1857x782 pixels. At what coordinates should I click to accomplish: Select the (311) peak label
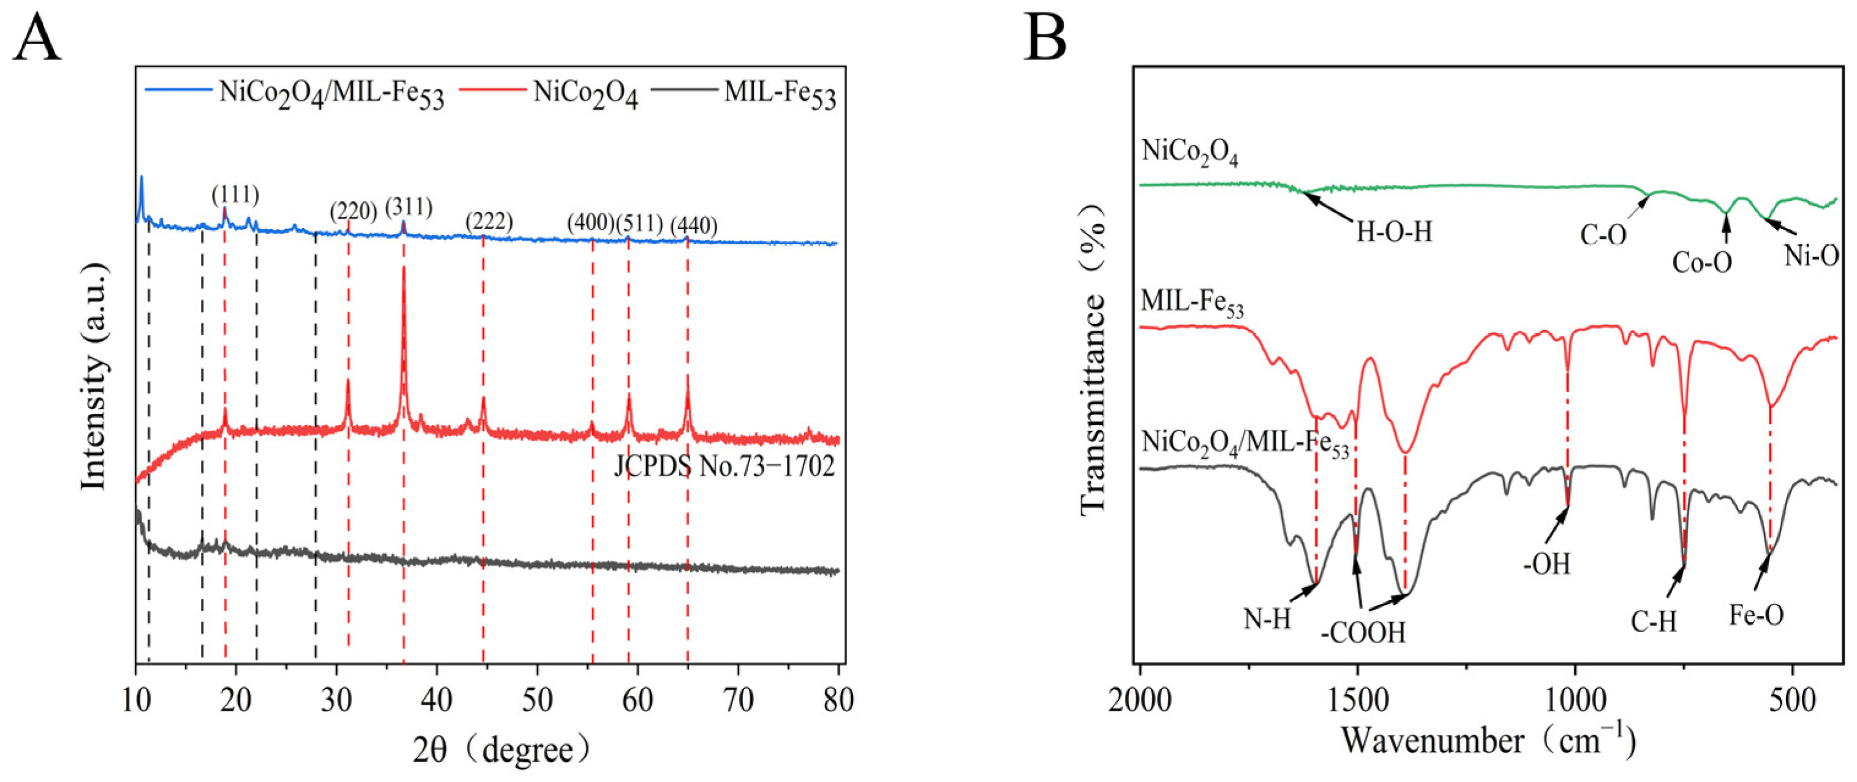[409, 208]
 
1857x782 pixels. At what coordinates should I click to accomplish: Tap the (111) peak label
[235, 195]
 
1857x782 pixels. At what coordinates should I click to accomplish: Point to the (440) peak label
[693, 227]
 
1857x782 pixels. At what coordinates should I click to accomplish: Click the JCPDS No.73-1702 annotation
[724, 467]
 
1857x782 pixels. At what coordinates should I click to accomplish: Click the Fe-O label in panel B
[1756, 615]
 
